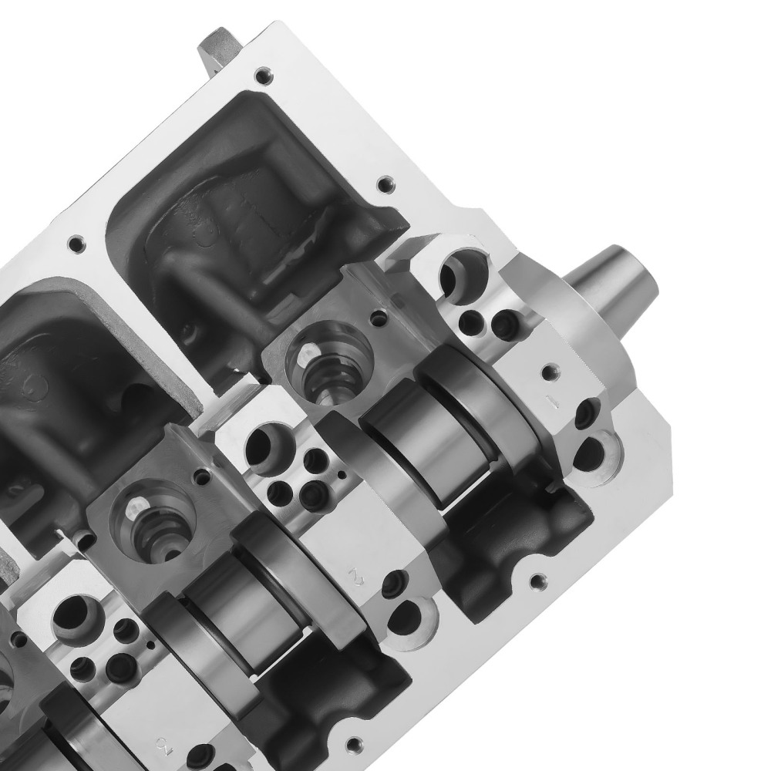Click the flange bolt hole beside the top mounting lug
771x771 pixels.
pyautogui.click(x=264, y=76)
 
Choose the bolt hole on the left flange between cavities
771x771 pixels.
pyautogui.click(x=75, y=245)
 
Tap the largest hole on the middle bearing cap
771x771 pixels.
pyautogui.click(x=266, y=448)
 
